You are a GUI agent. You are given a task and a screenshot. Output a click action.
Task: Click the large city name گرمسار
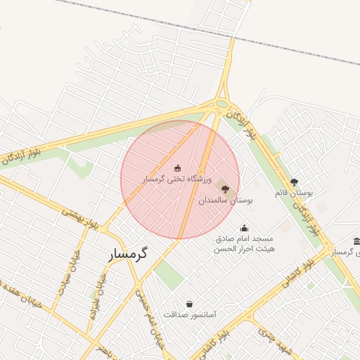[131, 256]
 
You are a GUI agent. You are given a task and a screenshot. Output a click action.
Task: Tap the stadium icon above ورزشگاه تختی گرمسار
[176, 167]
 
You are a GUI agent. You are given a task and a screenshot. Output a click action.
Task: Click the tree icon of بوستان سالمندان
[224, 188]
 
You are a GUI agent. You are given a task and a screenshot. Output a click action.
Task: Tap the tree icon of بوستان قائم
[294, 182]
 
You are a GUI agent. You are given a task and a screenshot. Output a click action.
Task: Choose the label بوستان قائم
[295, 193]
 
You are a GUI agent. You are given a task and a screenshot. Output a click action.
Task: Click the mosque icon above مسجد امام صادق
[244, 228]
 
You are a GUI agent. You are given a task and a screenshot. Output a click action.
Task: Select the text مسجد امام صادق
[245, 239]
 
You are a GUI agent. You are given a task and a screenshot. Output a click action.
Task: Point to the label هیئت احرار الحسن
[245, 249]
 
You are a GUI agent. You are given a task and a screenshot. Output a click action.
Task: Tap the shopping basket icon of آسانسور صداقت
[189, 304]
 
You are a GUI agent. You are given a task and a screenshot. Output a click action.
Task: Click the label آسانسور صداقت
[190, 315]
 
